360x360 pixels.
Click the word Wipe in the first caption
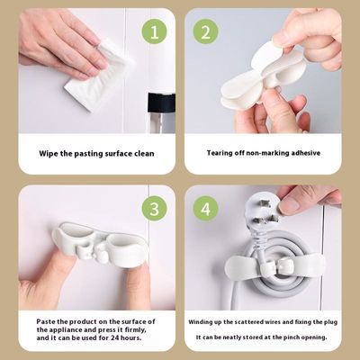point(49,153)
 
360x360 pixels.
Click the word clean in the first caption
point(139,153)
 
